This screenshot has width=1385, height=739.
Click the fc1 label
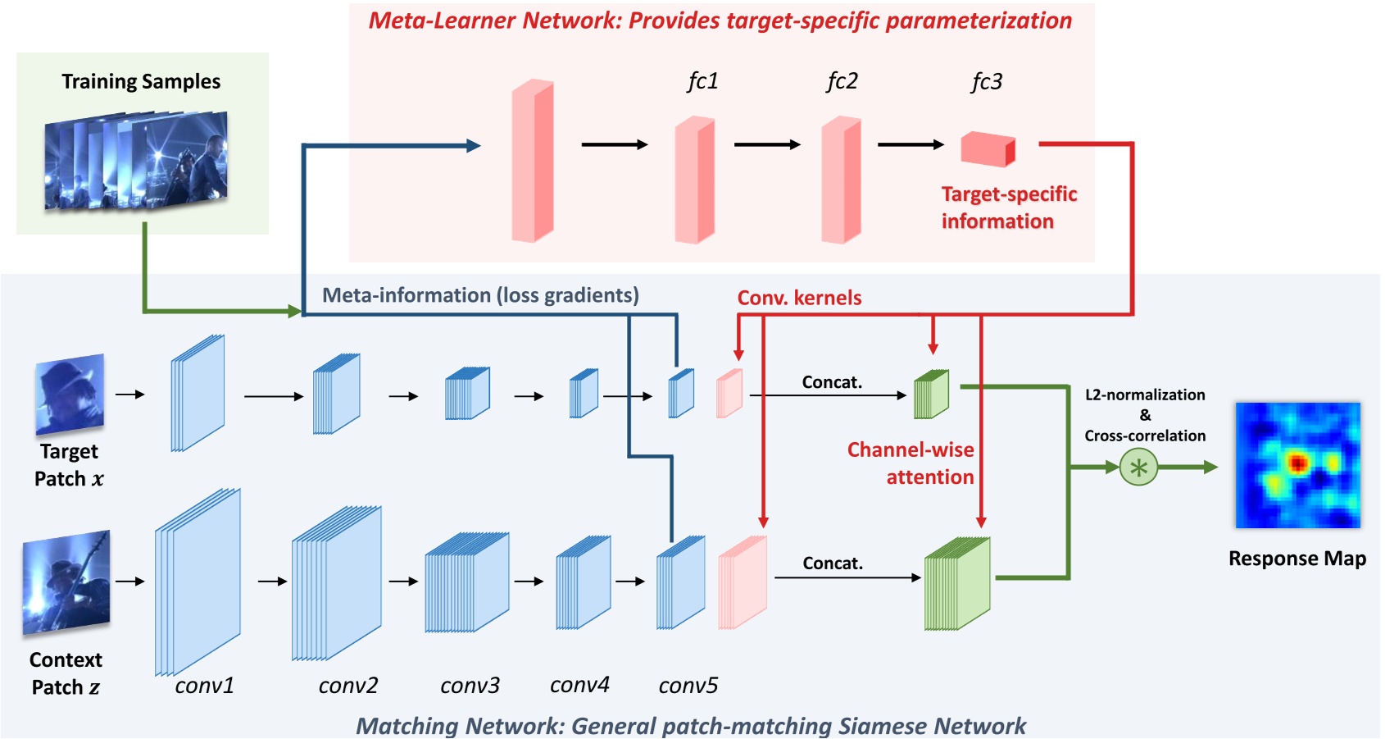(702, 81)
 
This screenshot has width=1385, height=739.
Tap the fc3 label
(986, 81)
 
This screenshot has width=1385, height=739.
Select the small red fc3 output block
(988, 149)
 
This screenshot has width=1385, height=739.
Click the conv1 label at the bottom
(204, 685)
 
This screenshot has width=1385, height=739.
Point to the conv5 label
(688, 685)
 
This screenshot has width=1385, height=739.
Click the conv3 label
(470, 685)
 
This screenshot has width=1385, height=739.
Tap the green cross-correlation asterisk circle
(1138, 468)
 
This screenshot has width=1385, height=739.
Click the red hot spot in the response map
(1296, 463)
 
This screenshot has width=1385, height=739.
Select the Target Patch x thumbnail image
(70, 395)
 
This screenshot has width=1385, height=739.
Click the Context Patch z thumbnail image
(66, 582)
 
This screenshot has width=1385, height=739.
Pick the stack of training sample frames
(136, 161)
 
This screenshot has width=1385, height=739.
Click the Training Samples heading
(141, 81)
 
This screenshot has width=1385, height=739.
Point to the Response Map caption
(1296, 559)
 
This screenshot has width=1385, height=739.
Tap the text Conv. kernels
(799, 298)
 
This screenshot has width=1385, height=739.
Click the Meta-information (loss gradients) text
(480, 295)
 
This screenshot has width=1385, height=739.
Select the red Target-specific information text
(1008, 208)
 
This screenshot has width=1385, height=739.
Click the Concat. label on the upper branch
(832, 382)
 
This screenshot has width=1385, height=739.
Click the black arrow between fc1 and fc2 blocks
(766, 144)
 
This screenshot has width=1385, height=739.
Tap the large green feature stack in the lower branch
(956, 584)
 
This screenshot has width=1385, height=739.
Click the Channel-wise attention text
(911, 463)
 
